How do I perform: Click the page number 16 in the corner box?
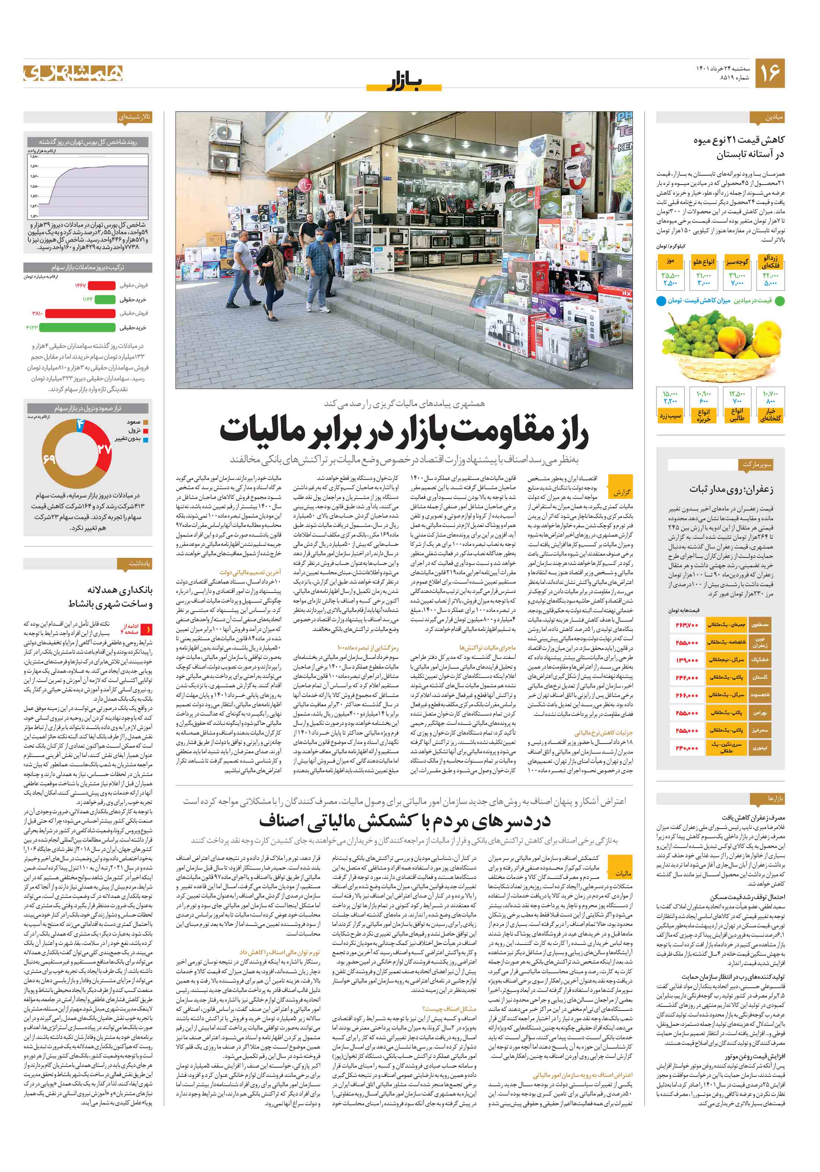(769, 73)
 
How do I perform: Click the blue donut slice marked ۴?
(80, 424)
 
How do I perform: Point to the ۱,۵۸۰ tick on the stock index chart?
(34, 157)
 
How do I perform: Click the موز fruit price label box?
(670, 261)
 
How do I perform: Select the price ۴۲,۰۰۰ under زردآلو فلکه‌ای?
(770, 275)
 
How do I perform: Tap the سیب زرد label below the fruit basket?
(670, 416)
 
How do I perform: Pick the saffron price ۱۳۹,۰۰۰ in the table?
(686, 660)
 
